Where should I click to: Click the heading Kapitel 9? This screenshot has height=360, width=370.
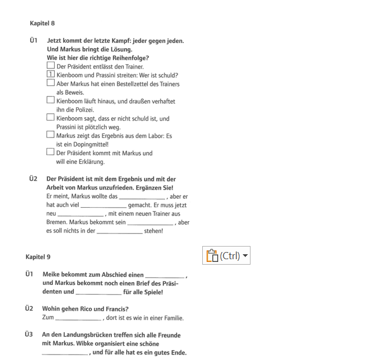38,256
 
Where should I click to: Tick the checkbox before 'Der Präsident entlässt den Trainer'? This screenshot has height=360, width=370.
51,66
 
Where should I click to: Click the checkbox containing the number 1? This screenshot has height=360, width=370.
51,75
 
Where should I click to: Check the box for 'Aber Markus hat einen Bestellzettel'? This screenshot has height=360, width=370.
51,83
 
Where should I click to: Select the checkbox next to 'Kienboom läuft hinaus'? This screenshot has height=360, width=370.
51,101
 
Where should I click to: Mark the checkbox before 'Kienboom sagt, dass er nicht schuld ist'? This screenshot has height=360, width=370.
51,118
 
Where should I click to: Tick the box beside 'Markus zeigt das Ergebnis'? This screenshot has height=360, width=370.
51,135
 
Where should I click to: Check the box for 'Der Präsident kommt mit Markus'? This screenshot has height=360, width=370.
51,152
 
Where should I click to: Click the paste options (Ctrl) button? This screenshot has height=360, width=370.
226,255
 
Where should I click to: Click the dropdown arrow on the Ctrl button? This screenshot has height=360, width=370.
245,256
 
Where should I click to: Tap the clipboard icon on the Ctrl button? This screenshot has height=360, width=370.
212,255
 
